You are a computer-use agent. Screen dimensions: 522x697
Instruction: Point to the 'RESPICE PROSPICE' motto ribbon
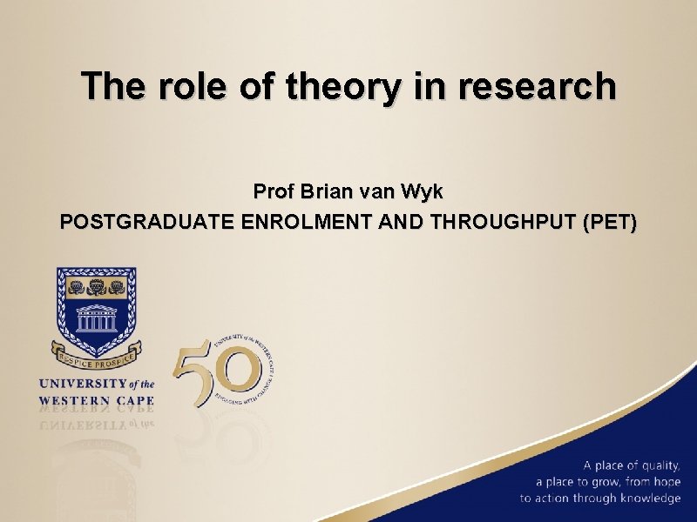(97, 357)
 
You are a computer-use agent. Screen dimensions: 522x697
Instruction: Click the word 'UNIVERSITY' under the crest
(82, 384)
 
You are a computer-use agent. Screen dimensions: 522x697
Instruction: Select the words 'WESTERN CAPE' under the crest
(96, 401)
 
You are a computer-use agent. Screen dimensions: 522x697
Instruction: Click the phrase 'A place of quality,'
(632, 465)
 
